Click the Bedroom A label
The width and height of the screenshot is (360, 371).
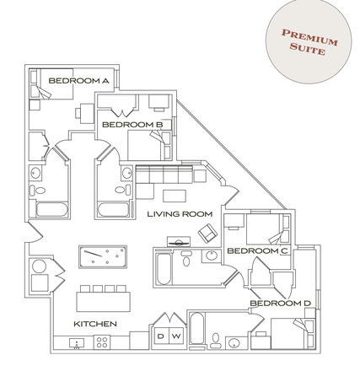[78, 81]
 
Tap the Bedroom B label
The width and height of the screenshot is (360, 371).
[132, 124]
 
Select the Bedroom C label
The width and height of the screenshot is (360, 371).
[257, 250]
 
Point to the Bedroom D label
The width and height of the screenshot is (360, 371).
[280, 303]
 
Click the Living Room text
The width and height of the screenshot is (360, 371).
[179, 214]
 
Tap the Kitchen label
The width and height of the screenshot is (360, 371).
[94, 322]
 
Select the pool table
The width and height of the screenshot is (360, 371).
[102, 255]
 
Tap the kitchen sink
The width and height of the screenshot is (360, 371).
[77, 343]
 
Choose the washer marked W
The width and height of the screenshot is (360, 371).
[177, 335]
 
